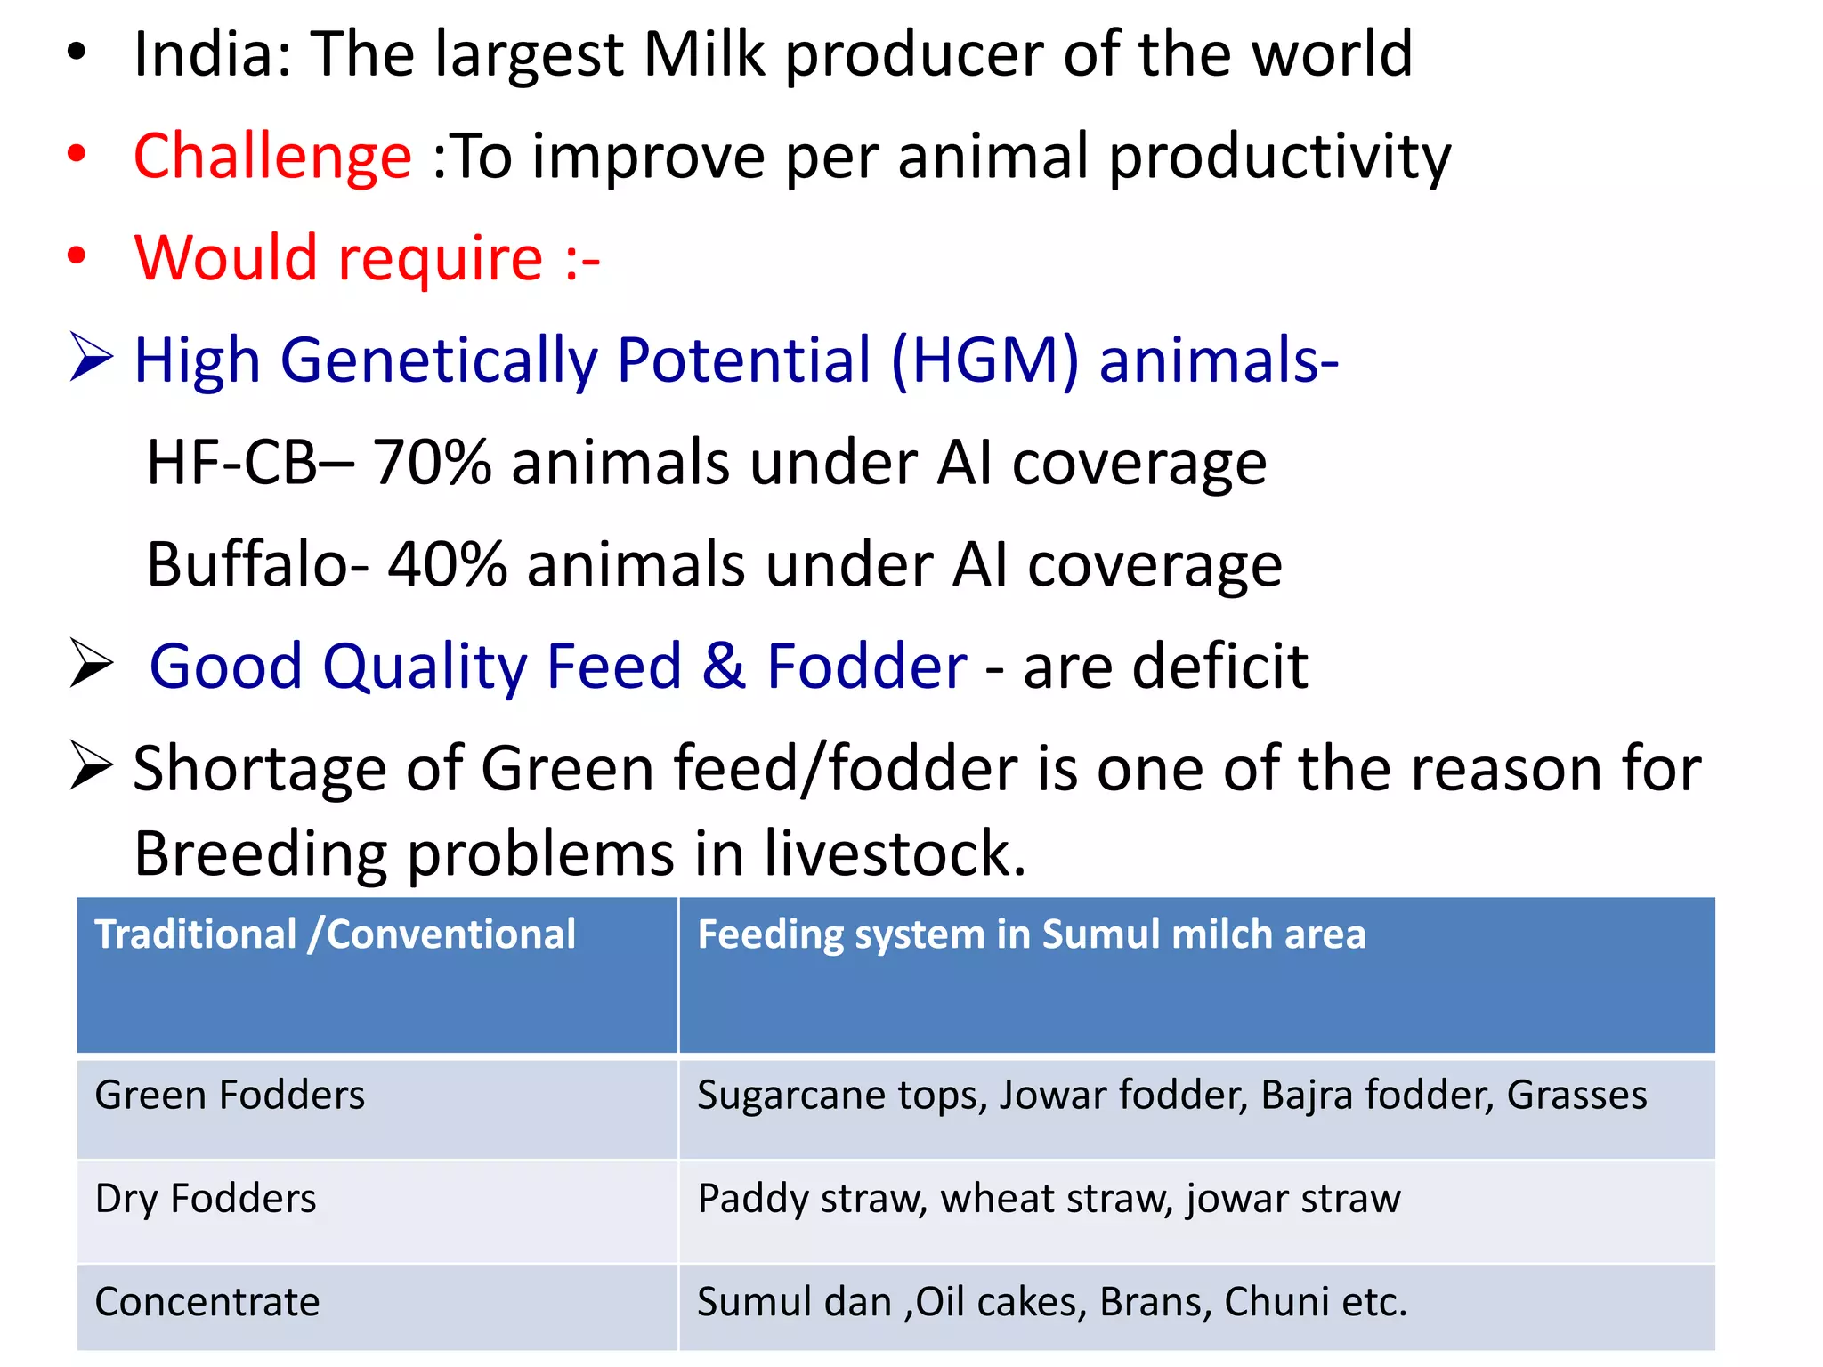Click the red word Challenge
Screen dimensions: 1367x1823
tap(272, 157)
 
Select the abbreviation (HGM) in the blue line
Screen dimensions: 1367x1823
tap(984, 361)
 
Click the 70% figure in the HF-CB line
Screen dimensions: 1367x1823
tap(432, 464)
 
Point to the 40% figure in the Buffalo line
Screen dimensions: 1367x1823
tap(447, 565)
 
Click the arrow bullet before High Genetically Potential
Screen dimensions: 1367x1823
tap(91, 359)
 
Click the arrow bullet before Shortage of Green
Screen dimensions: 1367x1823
tap(91, 766)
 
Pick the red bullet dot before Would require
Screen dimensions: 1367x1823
tap(77, 256)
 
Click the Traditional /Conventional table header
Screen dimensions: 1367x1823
tap(335, 934)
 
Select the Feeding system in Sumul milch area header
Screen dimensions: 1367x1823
tap(1031, 934)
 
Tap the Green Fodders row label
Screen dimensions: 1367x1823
tap(230, 1096)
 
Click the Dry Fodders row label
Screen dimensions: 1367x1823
tap(206, 1199)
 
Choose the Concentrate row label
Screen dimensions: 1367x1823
tap(207, 1302)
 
